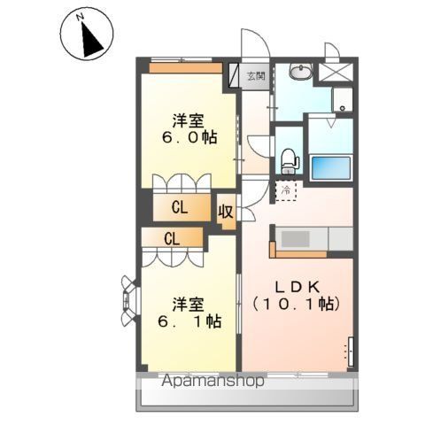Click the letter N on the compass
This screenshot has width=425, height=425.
80,18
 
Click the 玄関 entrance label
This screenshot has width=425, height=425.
256,76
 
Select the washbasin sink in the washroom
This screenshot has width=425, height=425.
300,72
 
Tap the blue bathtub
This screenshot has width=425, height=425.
331,167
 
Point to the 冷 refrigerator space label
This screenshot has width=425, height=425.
286,190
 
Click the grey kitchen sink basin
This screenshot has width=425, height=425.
295,239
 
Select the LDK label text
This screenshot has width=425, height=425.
297,287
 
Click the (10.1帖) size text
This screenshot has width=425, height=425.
296,305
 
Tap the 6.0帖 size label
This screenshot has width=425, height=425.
189,137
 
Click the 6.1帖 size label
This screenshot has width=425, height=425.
189,321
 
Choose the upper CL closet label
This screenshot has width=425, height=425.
180,208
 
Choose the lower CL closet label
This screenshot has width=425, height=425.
172,239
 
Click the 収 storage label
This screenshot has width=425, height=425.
226,212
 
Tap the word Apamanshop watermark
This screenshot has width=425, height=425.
212,381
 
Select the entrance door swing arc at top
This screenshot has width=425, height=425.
256,43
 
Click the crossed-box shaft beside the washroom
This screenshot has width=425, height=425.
336,72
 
